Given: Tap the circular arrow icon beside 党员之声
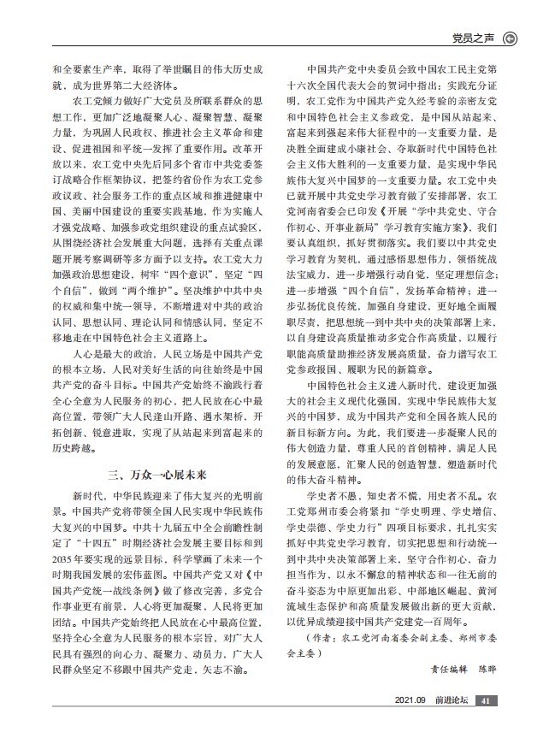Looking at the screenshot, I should (x=511, y=38).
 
